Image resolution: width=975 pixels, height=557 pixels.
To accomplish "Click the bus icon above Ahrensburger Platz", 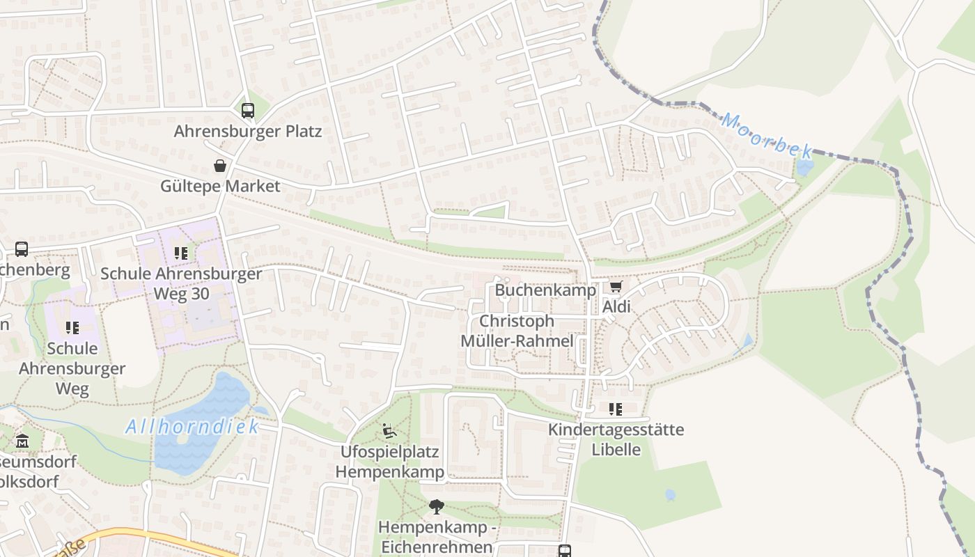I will click(x=248, y=110).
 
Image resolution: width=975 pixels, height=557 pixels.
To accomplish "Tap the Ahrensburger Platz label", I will click(x=248, y=131).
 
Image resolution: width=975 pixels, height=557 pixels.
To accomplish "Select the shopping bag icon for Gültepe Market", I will click(x=220, y=166).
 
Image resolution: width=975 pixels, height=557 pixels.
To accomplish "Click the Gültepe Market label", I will click(x=220, y=186).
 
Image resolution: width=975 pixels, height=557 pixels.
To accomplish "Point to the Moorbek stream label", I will click(x=766, y=136).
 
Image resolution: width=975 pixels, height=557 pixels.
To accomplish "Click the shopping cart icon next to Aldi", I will click(x=616, y=286).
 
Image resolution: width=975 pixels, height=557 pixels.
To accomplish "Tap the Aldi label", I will click(x=616, y=306).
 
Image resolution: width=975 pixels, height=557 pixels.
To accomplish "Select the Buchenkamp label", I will click(x=545, y=290).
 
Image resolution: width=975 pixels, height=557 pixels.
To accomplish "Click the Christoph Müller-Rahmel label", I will click(x=517, y=331).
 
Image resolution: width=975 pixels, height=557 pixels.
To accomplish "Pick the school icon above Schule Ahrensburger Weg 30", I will click(x=181, y=253).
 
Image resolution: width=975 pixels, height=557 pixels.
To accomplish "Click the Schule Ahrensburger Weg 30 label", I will click(x=181, y=283).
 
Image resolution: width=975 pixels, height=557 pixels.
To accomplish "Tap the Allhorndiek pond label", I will click(x=192, y=426).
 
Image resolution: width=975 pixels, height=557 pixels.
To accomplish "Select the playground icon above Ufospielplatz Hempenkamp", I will click(x=389, y=432).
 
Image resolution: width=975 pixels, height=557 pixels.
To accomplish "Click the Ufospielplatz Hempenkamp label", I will click(x=389, y=462).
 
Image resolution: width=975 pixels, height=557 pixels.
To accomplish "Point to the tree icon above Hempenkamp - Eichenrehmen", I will click(x=436, y=507).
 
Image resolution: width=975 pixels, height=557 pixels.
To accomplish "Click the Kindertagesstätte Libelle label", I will click(x=616, y=439).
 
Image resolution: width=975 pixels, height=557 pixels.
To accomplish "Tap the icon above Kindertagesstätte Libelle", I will click(x=616, y=409).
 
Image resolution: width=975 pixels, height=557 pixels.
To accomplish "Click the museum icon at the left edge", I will click(x=22, y=441).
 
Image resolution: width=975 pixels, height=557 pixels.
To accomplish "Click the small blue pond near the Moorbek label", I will click(x=804, y=168).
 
